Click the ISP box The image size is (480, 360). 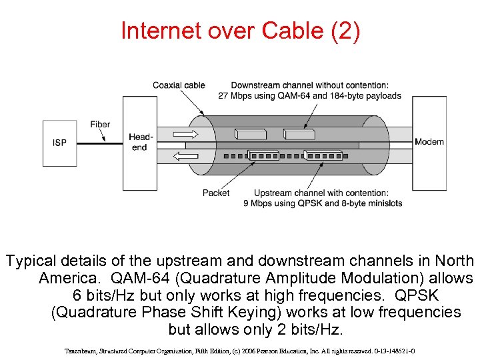click(x=59, y=143)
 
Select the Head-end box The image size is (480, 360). click(x=139, y=143)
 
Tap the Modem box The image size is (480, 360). click(x=429, y=142)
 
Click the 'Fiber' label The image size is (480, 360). click(x=100, y=125)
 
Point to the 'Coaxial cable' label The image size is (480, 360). click(x=179, y=85)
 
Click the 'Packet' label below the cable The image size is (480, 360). click(x=215, y=193)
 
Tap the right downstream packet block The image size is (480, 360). click(x=299, y=134)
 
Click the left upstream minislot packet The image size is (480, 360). click(x=263, y=156)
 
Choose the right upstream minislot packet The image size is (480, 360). click(x=323, y=156)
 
